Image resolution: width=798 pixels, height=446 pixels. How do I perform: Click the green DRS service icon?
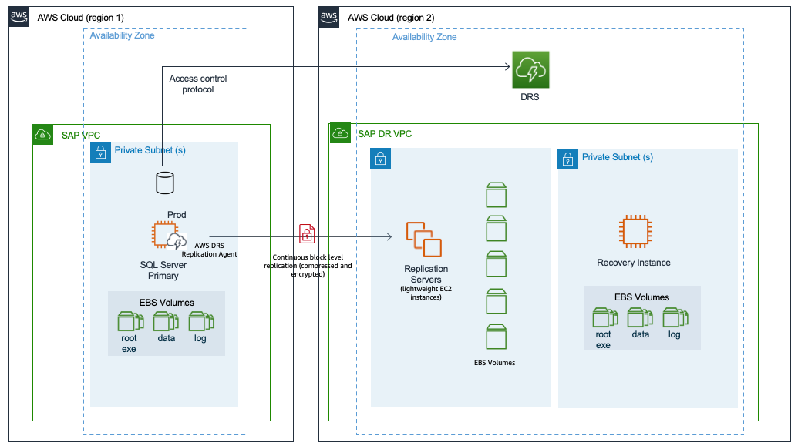(530, 71)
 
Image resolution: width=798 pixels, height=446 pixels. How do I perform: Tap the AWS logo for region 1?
(19, 17)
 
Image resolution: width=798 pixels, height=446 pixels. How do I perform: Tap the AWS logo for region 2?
(329, 17)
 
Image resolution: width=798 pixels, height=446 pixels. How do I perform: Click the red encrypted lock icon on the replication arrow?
(307, 233)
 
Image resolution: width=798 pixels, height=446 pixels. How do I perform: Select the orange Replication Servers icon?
(423, 240)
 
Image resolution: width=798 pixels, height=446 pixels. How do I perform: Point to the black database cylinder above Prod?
(163, 183)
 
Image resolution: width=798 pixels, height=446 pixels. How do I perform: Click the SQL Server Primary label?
(163, 270)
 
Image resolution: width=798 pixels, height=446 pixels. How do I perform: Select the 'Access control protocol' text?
(198, 84)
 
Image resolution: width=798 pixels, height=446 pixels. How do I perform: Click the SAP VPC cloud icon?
(43, 135)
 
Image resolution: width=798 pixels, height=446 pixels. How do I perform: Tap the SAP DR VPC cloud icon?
(339, 133)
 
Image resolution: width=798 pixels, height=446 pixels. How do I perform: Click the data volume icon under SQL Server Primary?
(164, 321)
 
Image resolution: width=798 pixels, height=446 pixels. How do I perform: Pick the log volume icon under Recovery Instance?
(675, 317)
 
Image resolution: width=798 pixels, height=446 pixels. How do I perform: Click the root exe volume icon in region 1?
(129, 321)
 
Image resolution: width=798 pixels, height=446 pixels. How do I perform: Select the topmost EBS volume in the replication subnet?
(497, 195)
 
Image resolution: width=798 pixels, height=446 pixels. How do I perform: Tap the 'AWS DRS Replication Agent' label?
(209, 249)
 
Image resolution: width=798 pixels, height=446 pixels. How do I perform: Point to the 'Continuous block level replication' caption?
(311, 264)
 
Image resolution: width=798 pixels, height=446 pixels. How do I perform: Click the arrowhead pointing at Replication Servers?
(389, 238)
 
